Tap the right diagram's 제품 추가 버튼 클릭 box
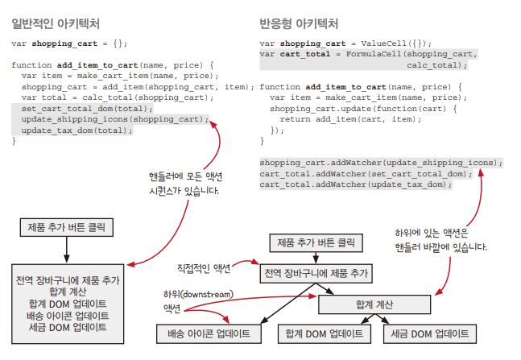[315, 242]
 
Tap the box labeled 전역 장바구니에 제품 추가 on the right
[315, 273]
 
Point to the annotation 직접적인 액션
[203, 267]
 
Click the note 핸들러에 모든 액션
[184, 176]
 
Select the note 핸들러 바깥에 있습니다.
[440, 247]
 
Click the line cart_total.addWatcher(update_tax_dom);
[355, 184]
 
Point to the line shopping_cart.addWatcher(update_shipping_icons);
[380, 162]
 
